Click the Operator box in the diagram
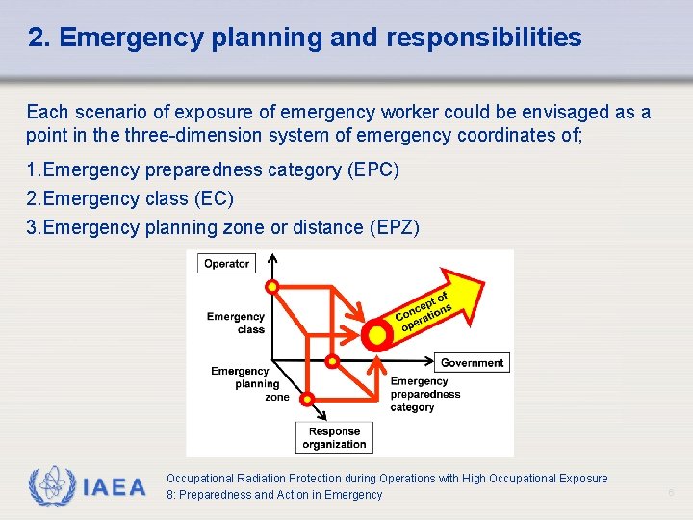(226, 263)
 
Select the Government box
(472, 363)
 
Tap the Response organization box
(334, 438)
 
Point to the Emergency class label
(236, 323)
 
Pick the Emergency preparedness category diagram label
(424, 394)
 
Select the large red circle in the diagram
(377, 334)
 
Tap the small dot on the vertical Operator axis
(272, 286)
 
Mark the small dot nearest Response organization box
(308, 398)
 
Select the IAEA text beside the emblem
(115, 487)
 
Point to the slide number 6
(672, 493)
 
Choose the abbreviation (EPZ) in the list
(394, 227)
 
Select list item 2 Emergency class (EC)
(130, 198)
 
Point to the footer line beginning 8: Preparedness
(274, 495)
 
